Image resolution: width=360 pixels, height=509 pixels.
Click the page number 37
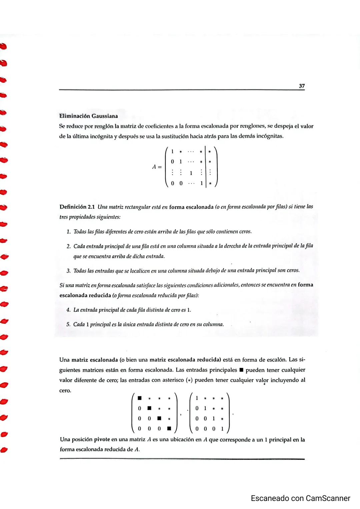coord(302,86)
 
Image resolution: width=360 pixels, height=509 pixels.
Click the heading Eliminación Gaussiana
coord(88,116)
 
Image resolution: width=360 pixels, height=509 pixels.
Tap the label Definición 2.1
coord(77,207)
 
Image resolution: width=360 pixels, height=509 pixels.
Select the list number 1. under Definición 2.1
coord(68,232)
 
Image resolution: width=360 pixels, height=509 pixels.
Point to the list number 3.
coord(68,270)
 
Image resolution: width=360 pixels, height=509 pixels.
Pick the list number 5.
coord(68,324)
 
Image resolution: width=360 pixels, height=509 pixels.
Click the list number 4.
coord(68,310)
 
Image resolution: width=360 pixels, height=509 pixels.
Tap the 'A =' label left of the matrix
coord(157,167)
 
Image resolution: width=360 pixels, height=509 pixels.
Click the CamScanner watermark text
coord(300,498)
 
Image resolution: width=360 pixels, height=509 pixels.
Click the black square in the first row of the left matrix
coord(140,398)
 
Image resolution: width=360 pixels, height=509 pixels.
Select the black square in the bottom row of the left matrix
coord(169,428)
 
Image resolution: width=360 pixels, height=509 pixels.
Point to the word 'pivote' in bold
coord(102,440)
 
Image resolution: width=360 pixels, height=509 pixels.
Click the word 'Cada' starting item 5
coord(79,324)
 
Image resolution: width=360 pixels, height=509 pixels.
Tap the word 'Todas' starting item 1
coord(80,232)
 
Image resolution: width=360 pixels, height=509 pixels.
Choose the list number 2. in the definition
coord(68,246)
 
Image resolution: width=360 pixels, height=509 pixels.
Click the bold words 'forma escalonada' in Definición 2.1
coord(191,207)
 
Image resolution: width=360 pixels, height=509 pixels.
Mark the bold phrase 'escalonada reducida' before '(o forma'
coord(85,295)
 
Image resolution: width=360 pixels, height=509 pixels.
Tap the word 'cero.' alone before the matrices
coord(65,390)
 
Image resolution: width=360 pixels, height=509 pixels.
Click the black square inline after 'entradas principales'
coord(241,370)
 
